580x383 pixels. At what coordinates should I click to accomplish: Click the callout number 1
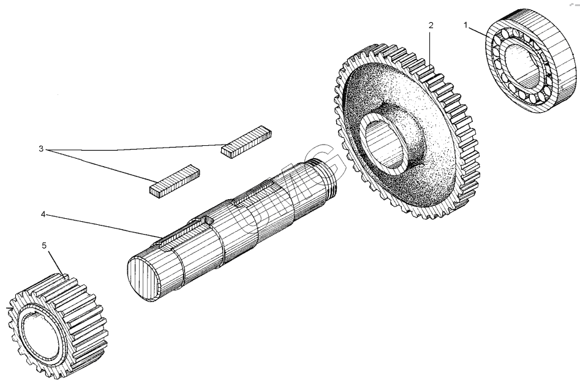[x=465, y=25]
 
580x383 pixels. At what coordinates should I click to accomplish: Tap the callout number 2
[x=431, y=25]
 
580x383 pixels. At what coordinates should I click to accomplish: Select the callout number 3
[x=41, y=149]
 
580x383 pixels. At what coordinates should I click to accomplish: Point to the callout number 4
[x=43, y=214]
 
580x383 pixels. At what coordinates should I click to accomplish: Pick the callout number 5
[x=44, y=246]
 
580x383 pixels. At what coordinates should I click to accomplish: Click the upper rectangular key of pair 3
[x=246, y=142]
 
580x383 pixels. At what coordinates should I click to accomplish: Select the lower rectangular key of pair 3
[x=175, y=182]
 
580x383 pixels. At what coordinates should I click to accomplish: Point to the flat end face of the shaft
[x=143, y=279]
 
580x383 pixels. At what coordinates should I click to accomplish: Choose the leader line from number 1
[x=477, y=31]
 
